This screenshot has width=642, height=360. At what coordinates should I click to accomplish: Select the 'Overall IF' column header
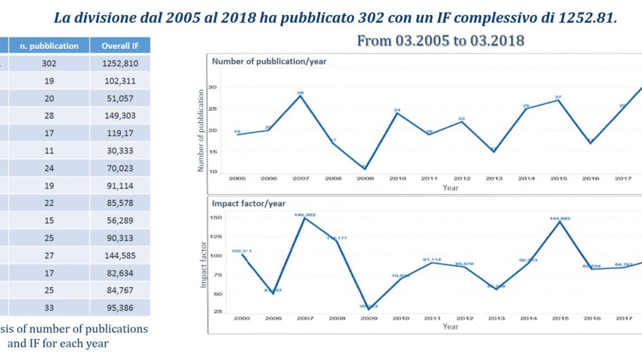coord(120,46)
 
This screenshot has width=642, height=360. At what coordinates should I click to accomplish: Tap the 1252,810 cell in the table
coord(120,63)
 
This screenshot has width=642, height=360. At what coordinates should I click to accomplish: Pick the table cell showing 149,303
coord(120,115)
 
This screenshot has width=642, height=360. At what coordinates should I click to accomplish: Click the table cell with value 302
coord(48,63)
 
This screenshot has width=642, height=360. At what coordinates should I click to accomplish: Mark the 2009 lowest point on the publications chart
coord(365,168)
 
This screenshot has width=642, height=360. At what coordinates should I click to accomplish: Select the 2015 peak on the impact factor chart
coord(558,221)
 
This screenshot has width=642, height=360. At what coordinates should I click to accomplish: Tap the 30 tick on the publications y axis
coord(212,87)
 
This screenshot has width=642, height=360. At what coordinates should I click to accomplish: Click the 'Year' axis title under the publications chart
coord(450,187)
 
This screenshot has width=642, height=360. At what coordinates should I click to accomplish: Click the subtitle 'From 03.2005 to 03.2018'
coord(440,41)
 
